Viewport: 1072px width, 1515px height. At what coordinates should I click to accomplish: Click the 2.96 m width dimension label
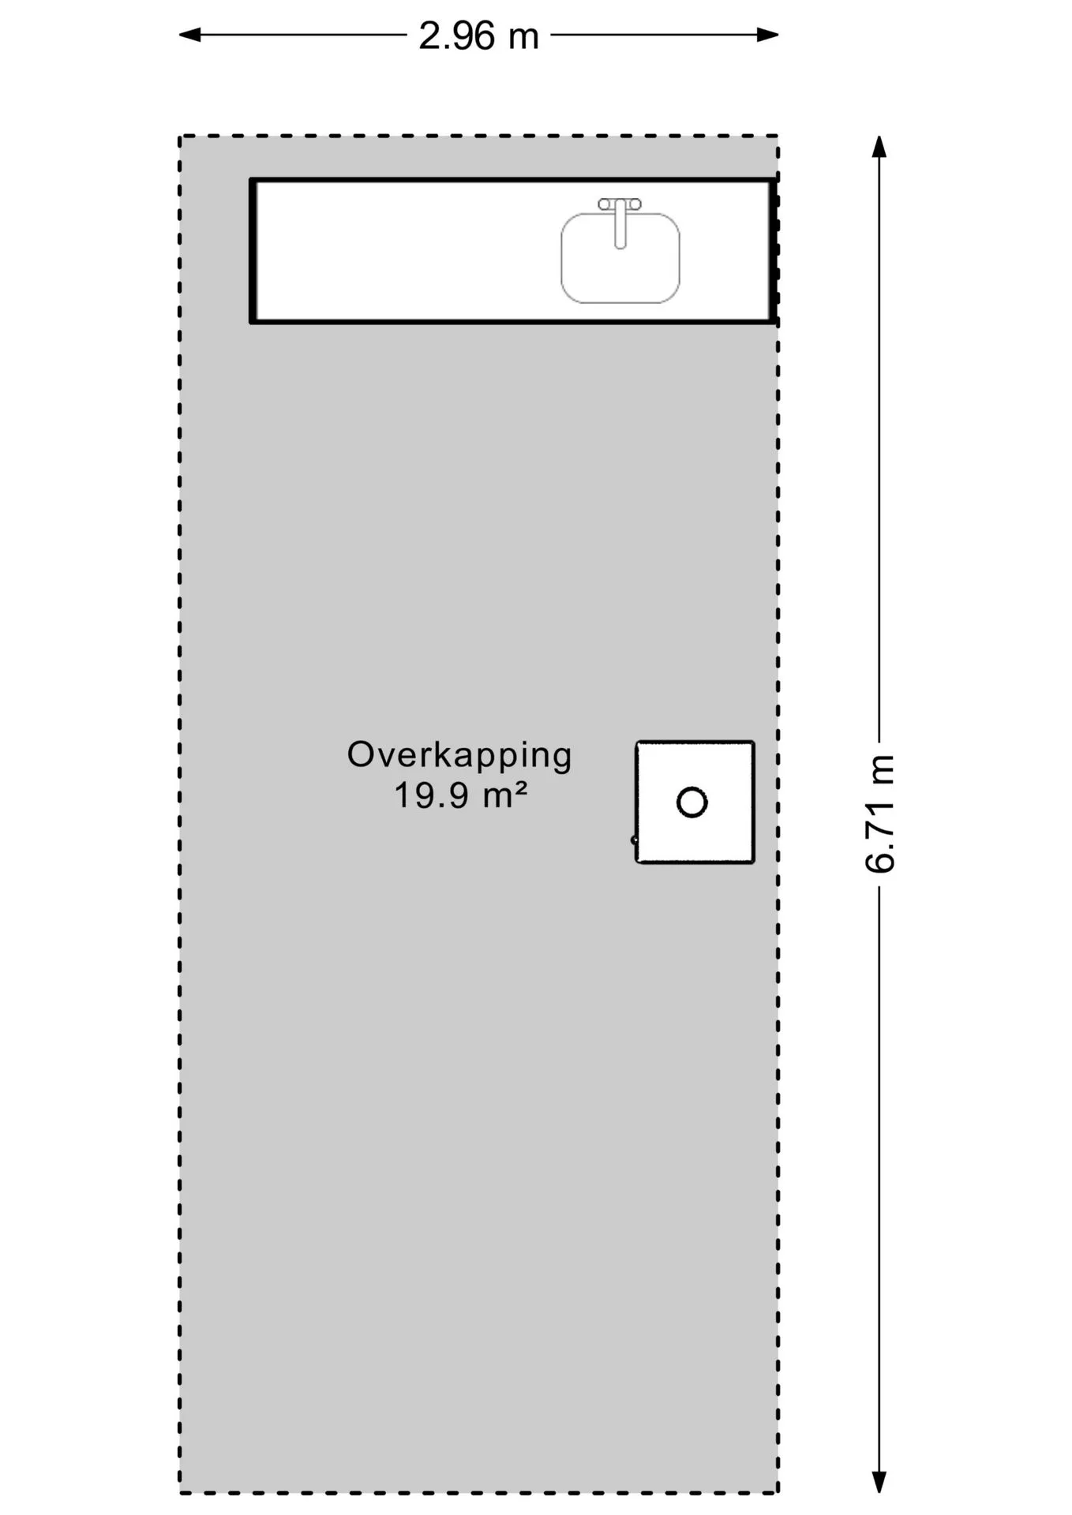tap(478, 36)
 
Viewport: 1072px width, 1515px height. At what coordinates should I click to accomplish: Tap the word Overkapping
tap(459, 756)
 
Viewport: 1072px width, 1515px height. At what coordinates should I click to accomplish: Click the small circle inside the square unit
tap(692, 802)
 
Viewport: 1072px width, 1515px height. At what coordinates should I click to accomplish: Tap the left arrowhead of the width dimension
tap(189, 35)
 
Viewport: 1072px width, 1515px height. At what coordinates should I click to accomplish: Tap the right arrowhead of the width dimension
tap(768, 35)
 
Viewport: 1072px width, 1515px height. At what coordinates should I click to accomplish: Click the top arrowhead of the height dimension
tap(879, 147)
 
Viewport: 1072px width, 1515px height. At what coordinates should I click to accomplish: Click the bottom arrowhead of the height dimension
tap(879, 1482)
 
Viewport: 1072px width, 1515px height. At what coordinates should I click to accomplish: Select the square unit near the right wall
tap(695, 802)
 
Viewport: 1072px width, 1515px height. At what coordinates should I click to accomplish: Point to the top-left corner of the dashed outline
tap(180, 137)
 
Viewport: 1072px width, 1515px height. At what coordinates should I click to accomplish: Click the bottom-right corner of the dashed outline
tap(778, 1492)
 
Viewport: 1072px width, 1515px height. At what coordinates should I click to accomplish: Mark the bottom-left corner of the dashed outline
tap(180, 1492)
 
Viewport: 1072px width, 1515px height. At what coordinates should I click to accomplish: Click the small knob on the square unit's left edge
tap(634, 840)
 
